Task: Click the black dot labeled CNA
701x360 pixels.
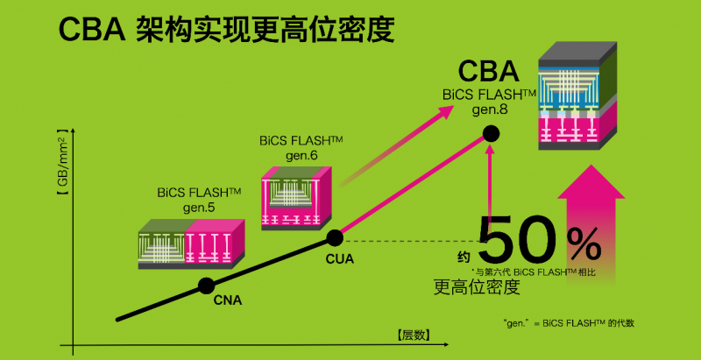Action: coord(206,286)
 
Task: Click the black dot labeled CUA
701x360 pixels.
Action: coord(335,238)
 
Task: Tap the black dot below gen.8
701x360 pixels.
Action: coord(491,133)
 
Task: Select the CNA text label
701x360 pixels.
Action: coord(228,300)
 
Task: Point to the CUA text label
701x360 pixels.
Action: coord(339,259)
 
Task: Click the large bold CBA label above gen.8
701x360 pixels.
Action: coord(489,72)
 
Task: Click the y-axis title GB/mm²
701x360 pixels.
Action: coord(62,163)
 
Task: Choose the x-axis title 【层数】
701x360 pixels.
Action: coord(414,335)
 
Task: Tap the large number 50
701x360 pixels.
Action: coord(517,239)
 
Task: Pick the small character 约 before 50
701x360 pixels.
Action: coord(464,257)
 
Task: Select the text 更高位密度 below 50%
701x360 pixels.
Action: coord(477,287)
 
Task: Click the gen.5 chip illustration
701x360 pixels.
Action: coord(192,244)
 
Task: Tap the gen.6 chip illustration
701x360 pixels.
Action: coord(296,198)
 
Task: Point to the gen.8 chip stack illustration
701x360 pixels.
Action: coord(577,96)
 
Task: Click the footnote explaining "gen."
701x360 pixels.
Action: coord(568,323)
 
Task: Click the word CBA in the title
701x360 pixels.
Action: coord(92,31)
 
